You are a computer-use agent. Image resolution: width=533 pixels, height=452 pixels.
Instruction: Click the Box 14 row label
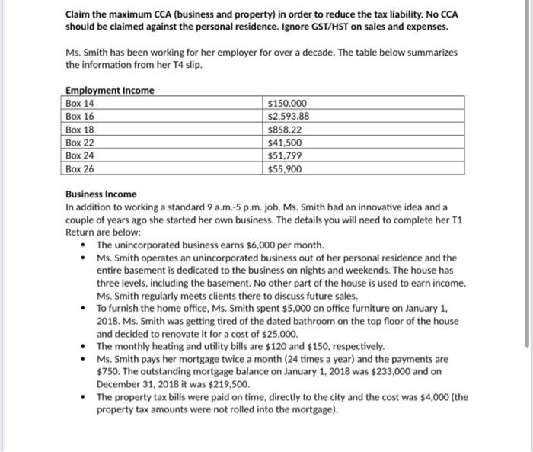click(x=79, y=104)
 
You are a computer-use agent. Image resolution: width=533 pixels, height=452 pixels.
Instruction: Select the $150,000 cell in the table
click(x=288, y=104)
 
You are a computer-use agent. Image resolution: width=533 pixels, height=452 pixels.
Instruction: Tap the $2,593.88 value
click(x=289, y=117)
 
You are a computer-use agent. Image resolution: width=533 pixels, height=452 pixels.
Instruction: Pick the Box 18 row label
click(x=79, y=130)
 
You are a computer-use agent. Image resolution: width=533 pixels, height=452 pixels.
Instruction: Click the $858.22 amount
click(x=285, y=130)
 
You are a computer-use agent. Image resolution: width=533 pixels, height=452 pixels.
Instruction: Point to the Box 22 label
click(x=79, y=143)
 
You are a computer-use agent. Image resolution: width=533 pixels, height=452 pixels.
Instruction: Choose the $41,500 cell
click(x=286, y=143)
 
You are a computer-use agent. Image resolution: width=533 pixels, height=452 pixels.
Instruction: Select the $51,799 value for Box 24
click(x=286, y=155)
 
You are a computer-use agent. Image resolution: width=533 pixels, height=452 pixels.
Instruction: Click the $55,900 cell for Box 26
click(x=286, y=168)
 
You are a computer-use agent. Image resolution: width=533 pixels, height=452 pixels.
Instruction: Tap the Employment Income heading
click(x=110, y=91)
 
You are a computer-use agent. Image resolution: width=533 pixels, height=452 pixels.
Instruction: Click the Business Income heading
click(x=101, y=194)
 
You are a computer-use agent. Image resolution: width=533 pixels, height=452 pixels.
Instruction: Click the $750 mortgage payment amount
click(x=109, y=370)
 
